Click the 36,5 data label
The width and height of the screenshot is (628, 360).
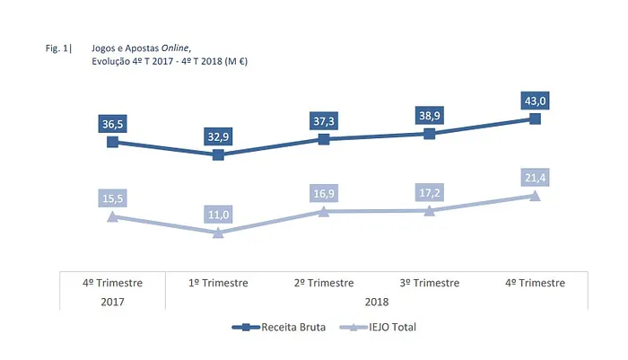point(112,123)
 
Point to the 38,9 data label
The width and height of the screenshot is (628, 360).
point(429,115)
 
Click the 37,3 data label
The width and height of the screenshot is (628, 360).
point(324,120)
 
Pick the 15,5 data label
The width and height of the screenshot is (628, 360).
point(112,198)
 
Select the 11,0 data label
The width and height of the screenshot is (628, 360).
point(218,214)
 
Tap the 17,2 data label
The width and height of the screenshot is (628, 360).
point(429,192)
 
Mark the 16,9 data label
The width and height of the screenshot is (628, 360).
point(324,193)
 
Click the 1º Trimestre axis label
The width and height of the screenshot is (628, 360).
point(218,282)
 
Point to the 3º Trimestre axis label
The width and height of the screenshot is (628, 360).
point(429,282)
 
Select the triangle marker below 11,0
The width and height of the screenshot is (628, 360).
point(218,233)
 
